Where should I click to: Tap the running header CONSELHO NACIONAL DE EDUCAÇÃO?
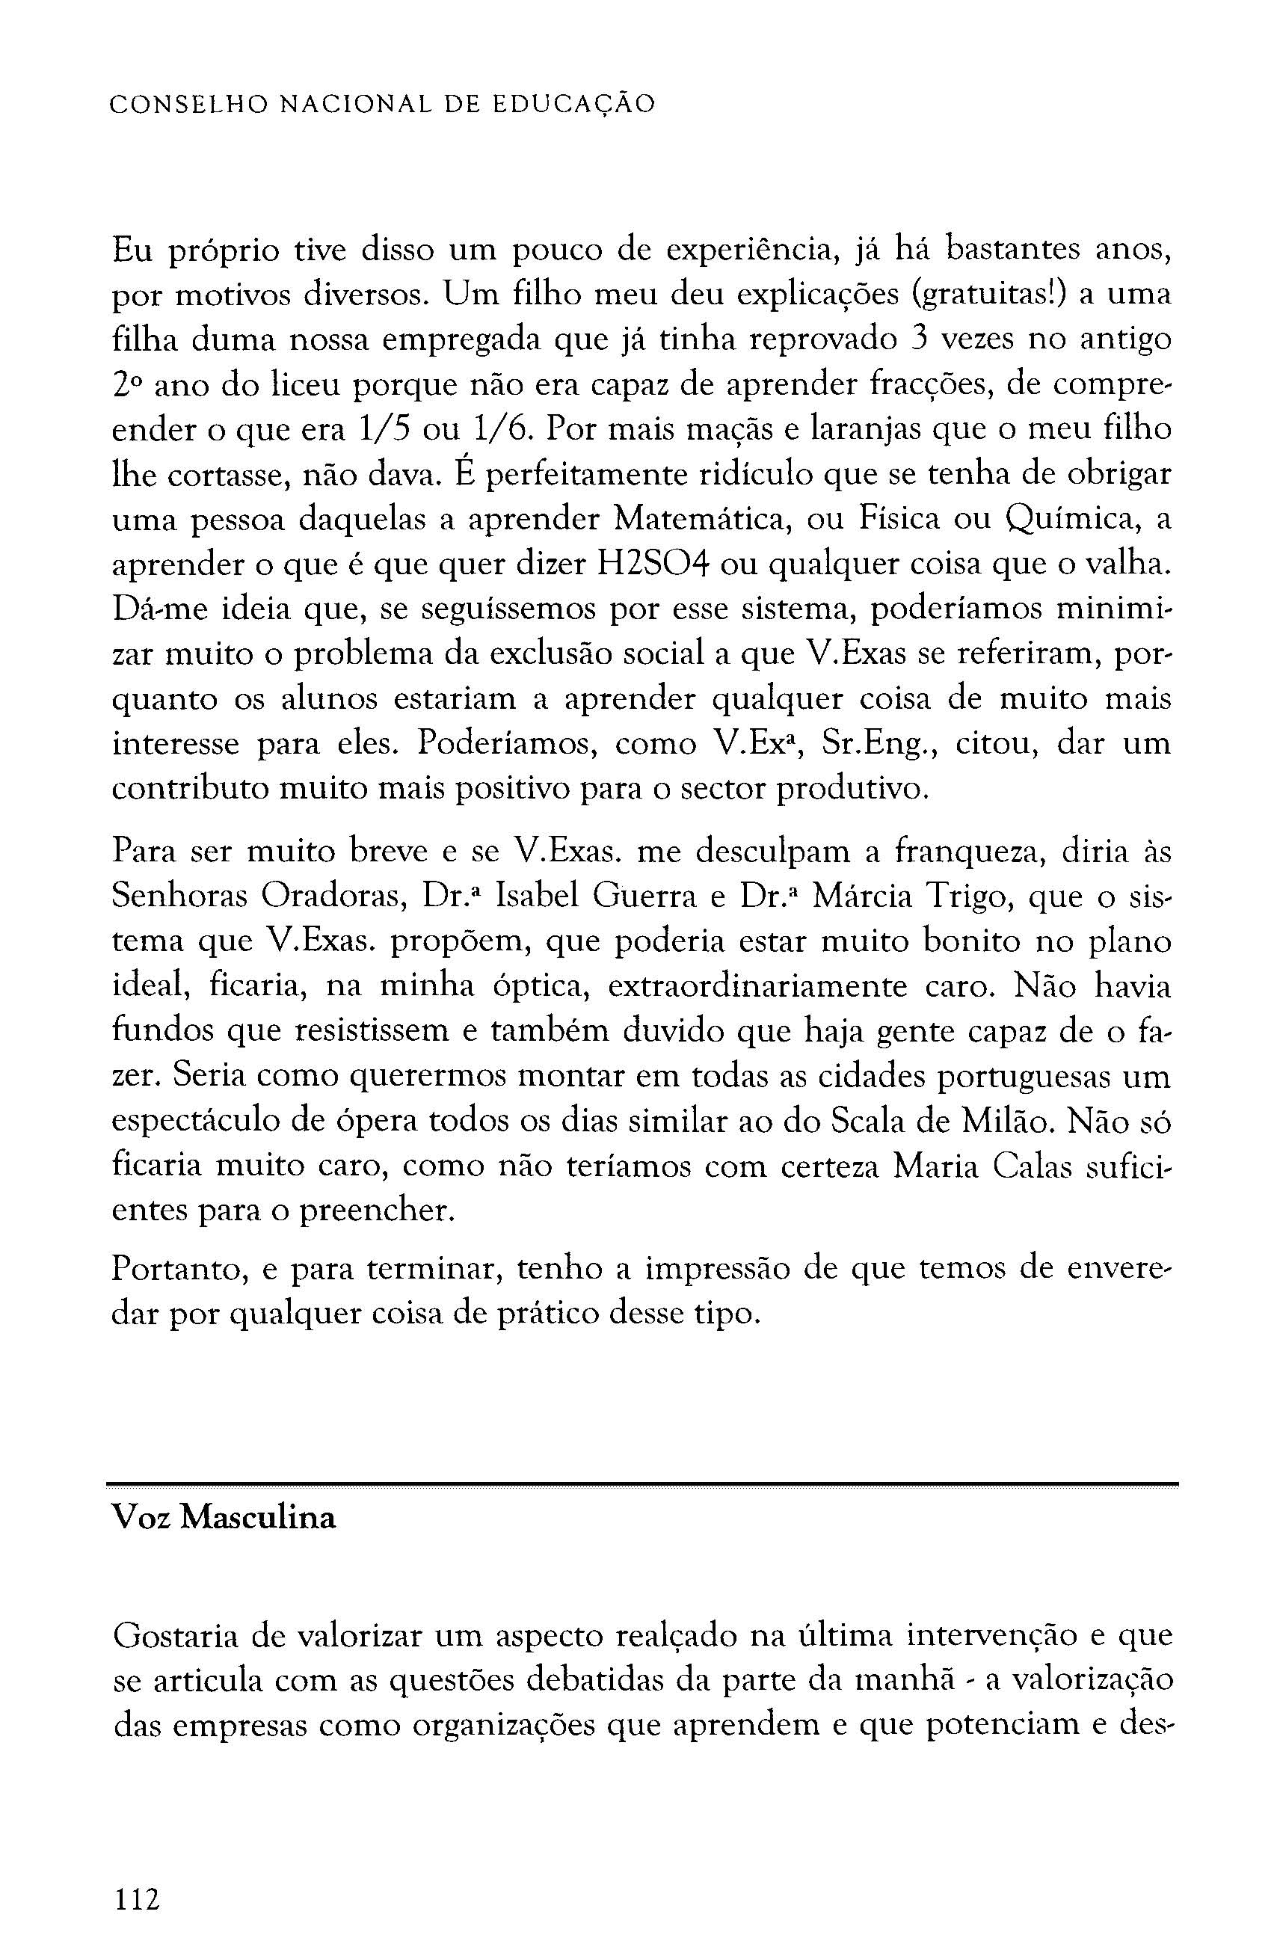[x=383, y=105]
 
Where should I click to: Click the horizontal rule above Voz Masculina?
[x=641, y=1483]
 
